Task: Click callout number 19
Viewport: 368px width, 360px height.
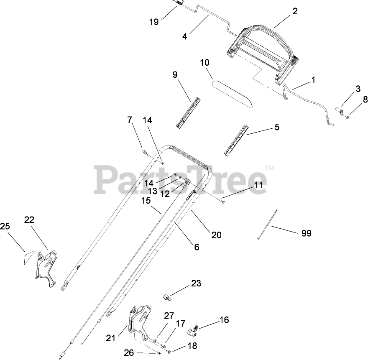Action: tap(154, 22)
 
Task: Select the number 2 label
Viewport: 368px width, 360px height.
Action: tap(295, 11)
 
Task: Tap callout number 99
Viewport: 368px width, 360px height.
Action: tap(306, 233)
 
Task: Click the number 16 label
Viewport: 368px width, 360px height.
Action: tap(224, 320)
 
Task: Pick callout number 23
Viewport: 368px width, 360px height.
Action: tap(196, 283)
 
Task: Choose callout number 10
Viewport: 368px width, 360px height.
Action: tap(204, 63)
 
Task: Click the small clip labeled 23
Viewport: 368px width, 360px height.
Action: tap(167, 297)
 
